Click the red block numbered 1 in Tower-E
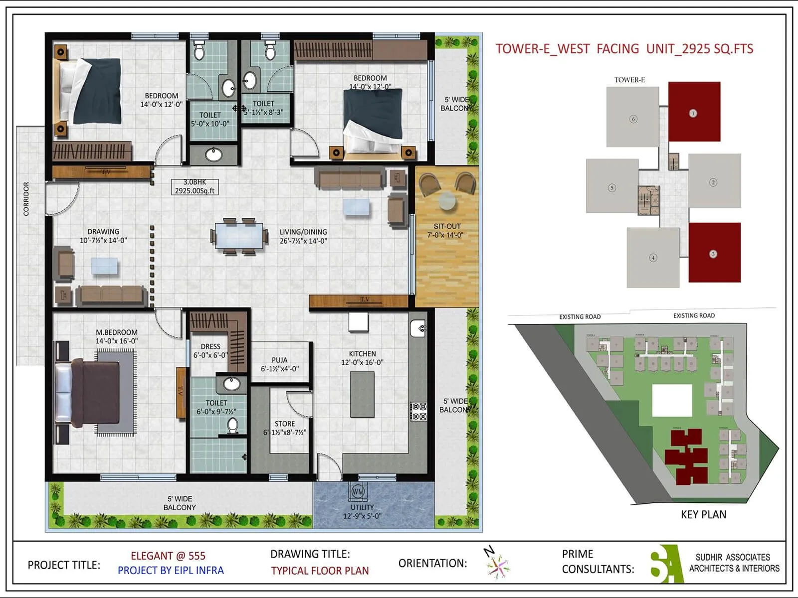tap(694, 112)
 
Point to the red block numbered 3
tap(714, 253)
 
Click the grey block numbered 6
tap(632, 118)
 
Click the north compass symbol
tap(496, 563)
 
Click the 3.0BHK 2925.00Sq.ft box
tap(195, 187)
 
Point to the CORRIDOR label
tap(26, 198)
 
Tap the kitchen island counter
tap(362, 394)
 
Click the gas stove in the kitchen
tap(418, 412)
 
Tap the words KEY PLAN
tap(703, 515)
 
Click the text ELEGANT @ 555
tap(168, 556)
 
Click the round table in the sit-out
tap(447, 201)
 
